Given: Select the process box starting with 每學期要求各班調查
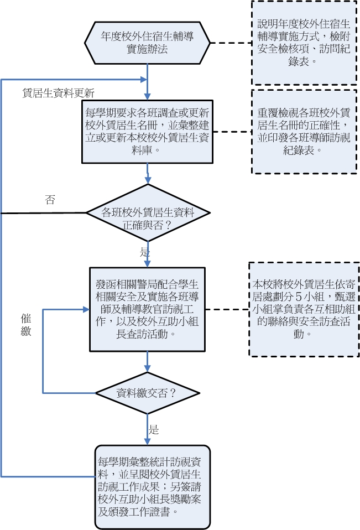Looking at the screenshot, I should click(x=147, y=131).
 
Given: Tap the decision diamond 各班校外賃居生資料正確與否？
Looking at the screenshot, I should click(x=147, y=218).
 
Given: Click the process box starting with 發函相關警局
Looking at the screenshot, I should click(x=147, y=309).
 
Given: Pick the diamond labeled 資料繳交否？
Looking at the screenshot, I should click(x=147, y=394).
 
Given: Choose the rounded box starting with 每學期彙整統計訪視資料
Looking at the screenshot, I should click(x=152, y=486).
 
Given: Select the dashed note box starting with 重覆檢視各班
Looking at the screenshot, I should click(x=304, y=131).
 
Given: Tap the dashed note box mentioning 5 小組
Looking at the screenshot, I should click(x=304, y=309).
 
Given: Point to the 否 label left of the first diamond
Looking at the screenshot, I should click(x=50, y=200).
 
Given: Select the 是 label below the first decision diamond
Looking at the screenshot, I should click(x=144, y=252).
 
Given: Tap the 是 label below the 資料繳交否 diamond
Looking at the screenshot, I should click(x=154, y=429).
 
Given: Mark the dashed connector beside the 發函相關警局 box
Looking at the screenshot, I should click(x=226, y=309).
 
